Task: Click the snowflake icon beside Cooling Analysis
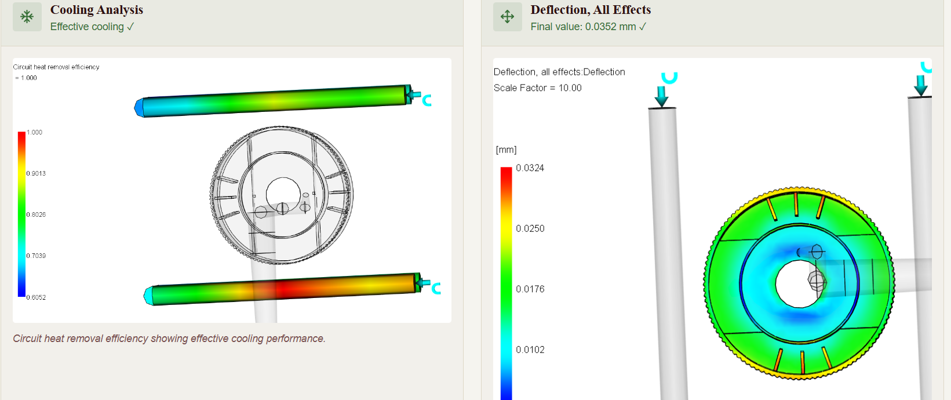coord(27,17)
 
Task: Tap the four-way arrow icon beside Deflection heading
coord(507,17)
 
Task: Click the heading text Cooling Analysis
coord(96,10)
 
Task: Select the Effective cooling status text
coord(92,27)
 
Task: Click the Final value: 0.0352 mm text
coord(588,27)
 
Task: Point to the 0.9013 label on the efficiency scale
coord(36,173)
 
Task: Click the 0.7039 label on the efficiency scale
coord(36,256)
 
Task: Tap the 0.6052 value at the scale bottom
coord(36,297)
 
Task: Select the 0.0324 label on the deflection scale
coord(530,168)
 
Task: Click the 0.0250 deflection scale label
coord(530,228)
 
